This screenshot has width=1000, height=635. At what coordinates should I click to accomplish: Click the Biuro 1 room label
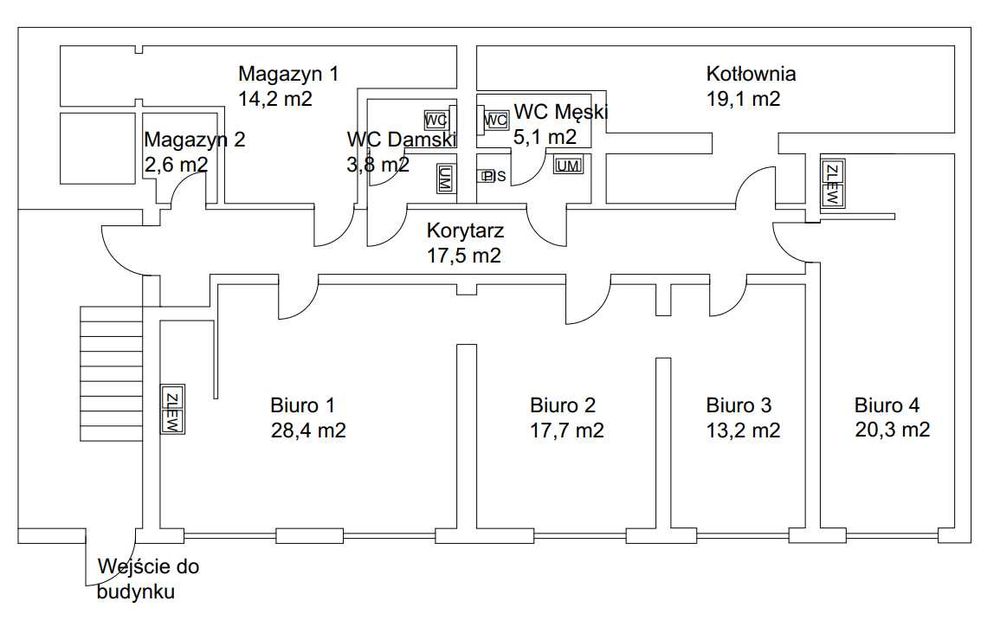302,405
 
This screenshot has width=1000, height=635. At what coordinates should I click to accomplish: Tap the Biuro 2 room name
562,405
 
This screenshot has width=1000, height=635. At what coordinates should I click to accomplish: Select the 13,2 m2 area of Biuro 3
743,430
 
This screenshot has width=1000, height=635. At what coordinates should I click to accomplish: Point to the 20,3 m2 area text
892,430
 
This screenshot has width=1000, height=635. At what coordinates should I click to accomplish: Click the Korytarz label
466,231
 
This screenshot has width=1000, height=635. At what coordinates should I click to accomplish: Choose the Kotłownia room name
751,73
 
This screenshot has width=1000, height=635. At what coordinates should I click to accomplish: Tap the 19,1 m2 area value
743,99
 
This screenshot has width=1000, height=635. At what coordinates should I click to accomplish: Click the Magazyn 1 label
288,73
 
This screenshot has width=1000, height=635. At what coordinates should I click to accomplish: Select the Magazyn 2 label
195,139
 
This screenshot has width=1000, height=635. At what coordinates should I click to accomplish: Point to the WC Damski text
402,139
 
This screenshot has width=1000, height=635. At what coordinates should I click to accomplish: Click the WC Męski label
561,112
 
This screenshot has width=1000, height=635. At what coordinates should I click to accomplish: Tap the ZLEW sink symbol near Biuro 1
173,410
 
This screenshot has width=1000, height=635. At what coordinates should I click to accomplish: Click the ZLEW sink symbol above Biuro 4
832,183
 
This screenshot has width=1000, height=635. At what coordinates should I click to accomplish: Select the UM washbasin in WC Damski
444,178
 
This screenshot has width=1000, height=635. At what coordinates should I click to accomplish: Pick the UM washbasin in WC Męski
568,166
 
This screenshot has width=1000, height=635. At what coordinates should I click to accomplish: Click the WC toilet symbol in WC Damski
436,120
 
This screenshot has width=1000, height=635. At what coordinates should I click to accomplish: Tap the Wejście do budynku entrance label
148,579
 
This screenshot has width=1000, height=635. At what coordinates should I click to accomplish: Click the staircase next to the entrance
112,374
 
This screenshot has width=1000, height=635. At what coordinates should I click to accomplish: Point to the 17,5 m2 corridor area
464,256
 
